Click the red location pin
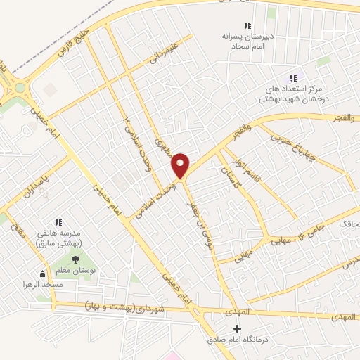181,165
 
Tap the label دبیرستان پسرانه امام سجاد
243,40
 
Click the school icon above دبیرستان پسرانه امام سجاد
247,25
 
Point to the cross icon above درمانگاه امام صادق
236,328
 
